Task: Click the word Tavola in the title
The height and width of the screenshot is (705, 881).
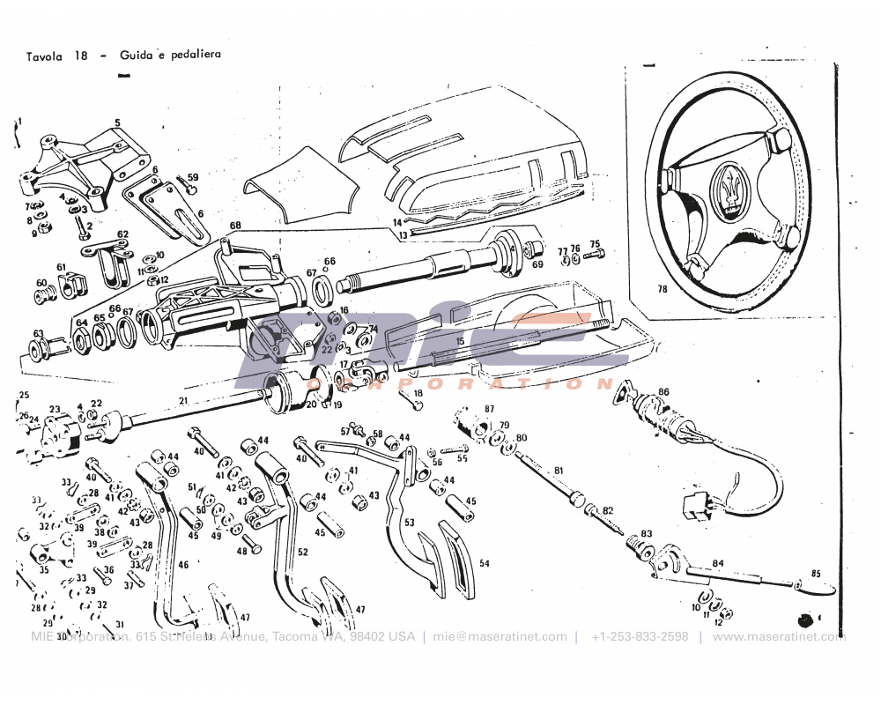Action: click(44, 55)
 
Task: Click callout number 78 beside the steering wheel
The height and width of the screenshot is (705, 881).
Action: click(663, 288)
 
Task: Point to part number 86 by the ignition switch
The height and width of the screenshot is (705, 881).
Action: click(663, 391)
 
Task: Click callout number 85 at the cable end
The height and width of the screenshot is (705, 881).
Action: click(815, 575)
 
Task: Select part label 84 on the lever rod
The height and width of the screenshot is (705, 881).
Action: click(718, 563)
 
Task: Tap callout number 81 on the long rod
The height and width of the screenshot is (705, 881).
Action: click(558, 472)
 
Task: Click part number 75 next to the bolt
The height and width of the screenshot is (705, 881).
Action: click(595, 244)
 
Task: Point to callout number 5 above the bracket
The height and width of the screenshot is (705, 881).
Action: click(116, 122)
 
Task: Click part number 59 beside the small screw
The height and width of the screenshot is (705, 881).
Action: click(193, 177)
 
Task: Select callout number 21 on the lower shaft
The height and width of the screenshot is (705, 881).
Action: click(183, 402)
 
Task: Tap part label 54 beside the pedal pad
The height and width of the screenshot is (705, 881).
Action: click(484, 562)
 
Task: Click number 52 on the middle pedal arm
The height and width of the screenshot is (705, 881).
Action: click(302, 553)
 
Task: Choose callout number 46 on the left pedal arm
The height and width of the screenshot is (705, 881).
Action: click(183, 564)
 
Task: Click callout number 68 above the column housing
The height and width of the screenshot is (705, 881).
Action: click(235, 226)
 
